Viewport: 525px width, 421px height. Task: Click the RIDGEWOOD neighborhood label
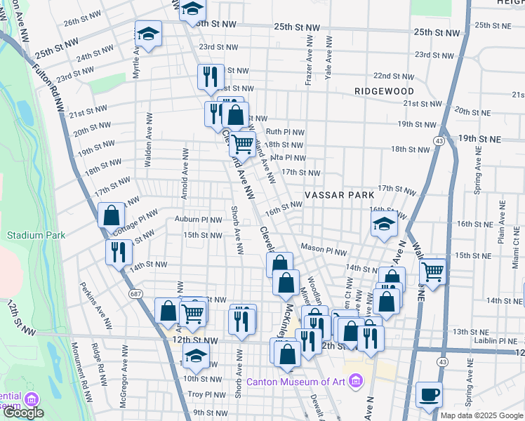pos(384,91)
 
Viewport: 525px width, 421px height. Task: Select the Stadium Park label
pos(36,235)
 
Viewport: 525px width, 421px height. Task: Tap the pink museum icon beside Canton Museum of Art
pos(356,382)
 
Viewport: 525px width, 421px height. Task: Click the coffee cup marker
pos(429,395)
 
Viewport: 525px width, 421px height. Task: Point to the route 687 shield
pos(133,295)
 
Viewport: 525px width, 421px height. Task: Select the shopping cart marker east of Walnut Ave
pos(433,271)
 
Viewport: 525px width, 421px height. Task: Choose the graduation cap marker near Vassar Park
pos(385,225)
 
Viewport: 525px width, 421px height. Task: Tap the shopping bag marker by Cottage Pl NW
pos(111,215)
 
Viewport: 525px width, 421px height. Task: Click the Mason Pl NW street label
pos(324,250)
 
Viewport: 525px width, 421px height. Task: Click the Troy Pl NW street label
pos(205,395)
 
